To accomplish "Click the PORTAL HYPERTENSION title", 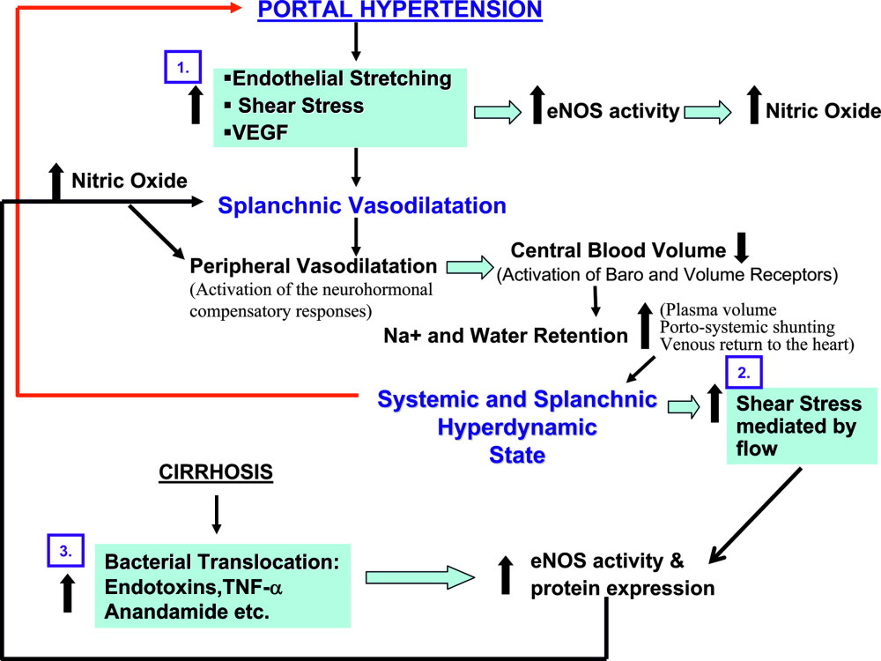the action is (399, 10).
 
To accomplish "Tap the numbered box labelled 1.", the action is (182, 67).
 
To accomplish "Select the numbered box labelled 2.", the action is (744, 372).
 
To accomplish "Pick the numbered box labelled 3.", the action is (66, 551).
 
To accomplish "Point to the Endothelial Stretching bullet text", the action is (342, 78).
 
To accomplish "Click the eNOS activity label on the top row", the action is (613, 111).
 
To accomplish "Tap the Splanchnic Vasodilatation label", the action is (362, 205).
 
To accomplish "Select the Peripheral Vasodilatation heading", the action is (313, 265).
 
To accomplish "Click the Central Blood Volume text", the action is (618, 250).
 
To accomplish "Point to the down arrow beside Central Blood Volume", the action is (742, 248).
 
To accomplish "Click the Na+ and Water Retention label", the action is (505, 336).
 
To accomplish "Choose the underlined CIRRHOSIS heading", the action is (216, 472).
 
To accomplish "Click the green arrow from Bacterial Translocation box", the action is (420, 577).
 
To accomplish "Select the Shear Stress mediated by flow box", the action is (801, 426).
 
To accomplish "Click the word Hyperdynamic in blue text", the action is (517, 427).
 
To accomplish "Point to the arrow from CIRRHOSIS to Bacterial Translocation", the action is (217, 515).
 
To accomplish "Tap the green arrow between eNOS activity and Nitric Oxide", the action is (707, 112).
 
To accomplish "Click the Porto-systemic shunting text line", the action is (747, 327).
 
